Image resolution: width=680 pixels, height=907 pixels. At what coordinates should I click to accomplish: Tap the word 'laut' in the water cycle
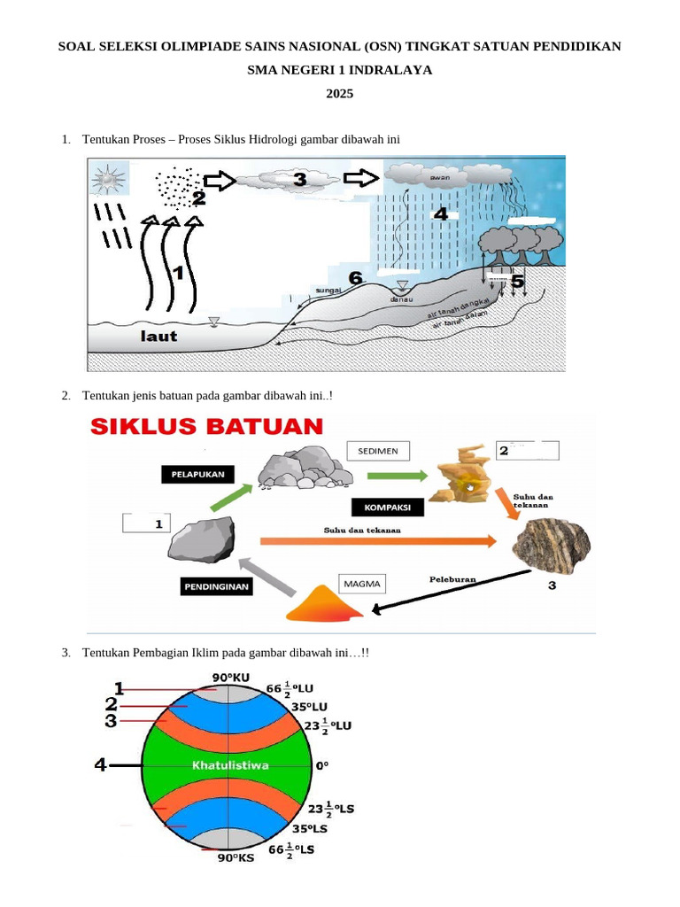coord(159,336)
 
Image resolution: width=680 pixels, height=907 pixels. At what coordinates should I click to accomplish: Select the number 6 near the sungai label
coord(356,278)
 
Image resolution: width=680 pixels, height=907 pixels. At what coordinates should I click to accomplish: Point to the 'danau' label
coord(402,299)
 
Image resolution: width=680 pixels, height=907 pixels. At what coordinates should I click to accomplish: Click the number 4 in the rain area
coord(440,213)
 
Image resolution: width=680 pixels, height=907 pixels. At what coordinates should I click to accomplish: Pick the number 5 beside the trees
coord(517,282)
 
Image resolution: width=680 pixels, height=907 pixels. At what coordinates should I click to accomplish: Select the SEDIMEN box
coord(378,451)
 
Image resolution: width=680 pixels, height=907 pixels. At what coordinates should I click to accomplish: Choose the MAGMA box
coord(363,584)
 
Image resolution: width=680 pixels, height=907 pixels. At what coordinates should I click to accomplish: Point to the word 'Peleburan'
coord(452,579)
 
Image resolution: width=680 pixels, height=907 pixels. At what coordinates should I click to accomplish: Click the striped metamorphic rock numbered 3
coord(551,542)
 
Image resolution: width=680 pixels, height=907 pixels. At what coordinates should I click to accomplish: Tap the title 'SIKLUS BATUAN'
coord(205,426)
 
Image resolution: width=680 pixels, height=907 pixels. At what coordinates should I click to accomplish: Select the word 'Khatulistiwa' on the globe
coord(230,764)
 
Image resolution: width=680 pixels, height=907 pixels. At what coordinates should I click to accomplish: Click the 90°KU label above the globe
coord(231,678)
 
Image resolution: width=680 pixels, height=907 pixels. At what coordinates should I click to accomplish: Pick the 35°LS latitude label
coord(310,830)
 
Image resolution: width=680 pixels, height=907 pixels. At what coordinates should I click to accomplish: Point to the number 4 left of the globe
coord(101,764)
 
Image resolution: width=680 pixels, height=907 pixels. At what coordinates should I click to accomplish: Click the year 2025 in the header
coord(339,92)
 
